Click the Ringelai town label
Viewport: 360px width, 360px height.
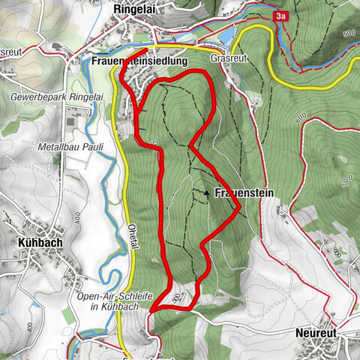click(134, 10)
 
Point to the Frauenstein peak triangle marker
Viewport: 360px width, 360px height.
click(207, 193)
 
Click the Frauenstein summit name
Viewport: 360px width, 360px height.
click(244, 193)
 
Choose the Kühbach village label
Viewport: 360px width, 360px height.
click(35, 244)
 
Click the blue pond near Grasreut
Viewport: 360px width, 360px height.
click(227, 35)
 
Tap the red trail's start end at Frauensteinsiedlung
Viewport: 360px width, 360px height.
click(144, 52)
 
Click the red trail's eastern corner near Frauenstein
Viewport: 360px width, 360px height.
click(239, 210)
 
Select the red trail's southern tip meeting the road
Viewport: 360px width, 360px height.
click(152, 309)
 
